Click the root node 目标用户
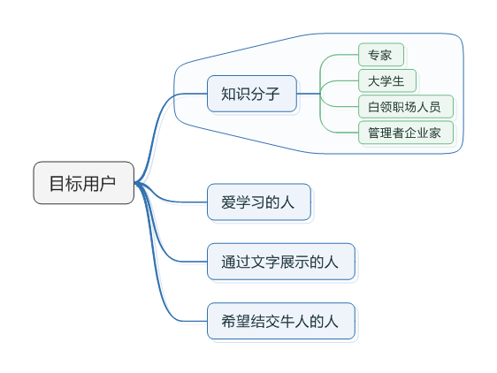84,183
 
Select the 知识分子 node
252,94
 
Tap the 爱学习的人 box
259,202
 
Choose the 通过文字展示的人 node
281,262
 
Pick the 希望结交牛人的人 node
281,321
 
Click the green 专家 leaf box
381,55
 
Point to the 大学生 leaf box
387,80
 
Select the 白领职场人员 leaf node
406,107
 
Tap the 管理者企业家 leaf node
406,133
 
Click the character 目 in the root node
57,183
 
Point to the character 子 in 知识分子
272,94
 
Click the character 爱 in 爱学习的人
228,202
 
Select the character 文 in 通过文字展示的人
257,262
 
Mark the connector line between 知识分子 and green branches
309,94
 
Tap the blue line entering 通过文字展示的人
163,240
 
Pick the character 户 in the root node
108,183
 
